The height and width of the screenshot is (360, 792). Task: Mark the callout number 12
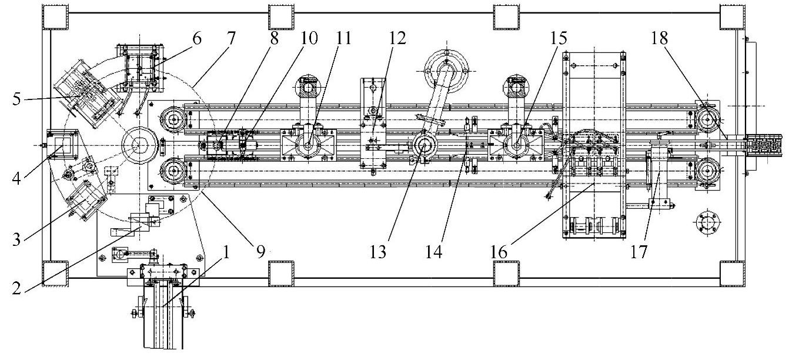tap(397, 39)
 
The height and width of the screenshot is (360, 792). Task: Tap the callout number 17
tap(639, 252)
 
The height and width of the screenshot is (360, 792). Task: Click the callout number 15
tap(558, 39)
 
